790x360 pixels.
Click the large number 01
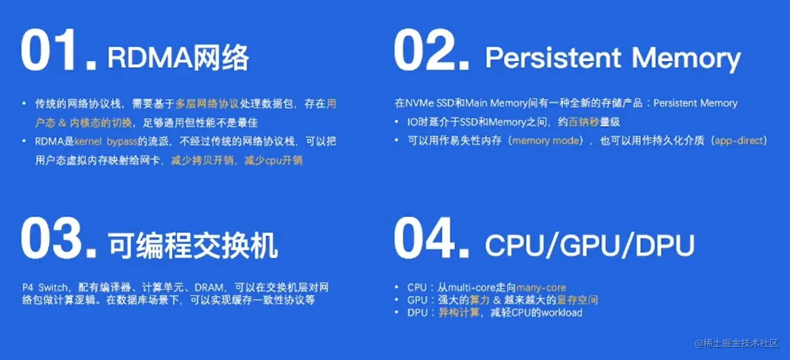point(59,50)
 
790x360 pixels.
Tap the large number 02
point(432,50)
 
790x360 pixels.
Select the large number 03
point(59,238)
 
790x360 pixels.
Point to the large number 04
point(432,238)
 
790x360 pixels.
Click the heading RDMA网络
point(178,57)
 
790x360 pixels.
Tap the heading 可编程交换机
point(193,246)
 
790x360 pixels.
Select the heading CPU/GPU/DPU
point(590,245)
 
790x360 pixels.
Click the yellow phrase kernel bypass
point(106,142)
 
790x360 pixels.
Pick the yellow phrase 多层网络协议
point(207,103)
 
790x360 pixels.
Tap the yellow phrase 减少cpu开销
point(273,160)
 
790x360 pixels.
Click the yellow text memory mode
point(546,141)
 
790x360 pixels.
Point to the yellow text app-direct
point(739,141)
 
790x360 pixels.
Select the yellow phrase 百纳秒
point(584,122)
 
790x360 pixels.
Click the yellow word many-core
point(541,288)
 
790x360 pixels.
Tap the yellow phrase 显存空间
point(577,300)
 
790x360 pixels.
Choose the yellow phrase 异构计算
point(459,313)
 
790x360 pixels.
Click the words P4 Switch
point(45,287)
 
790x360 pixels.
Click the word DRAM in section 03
point(209,287)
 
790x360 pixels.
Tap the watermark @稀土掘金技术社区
point(737,343)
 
